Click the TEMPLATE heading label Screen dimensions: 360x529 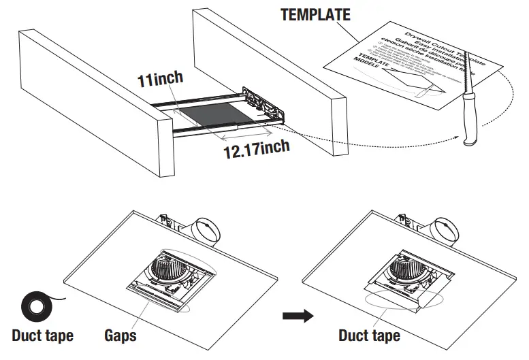click(x=315, y=14)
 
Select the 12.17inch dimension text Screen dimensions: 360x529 click(x=257, y=146)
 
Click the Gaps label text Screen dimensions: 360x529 click(x=121, y=335)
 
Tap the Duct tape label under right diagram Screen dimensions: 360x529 click(x=369, y=335)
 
